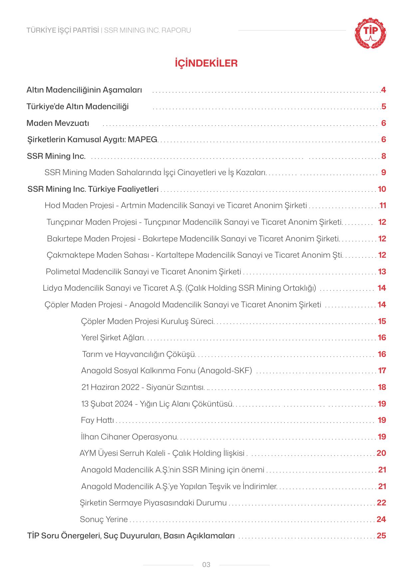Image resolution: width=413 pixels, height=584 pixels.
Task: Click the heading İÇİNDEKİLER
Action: (206, 63)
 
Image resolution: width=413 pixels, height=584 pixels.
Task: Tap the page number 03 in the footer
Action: (206, 565)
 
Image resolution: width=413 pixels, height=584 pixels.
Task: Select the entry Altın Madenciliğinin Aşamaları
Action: (84, 90)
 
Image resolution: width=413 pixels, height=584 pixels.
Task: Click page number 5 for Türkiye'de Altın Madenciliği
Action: (383, 107)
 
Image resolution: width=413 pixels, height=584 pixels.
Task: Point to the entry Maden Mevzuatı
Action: (58, 123)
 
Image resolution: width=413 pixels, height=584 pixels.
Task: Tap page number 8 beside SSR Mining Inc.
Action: (383, 156)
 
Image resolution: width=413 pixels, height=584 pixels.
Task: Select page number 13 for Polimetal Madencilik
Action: (382, 272)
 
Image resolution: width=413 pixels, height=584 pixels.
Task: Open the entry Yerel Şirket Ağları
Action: (112, 338)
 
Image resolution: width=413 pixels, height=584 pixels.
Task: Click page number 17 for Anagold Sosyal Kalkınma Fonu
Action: (382, 371)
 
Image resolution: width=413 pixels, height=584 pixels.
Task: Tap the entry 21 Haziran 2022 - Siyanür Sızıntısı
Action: (143, 387)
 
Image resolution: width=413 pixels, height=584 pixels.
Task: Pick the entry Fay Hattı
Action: (97, 420)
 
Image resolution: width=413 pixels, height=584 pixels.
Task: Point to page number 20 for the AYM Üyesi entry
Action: (381, 453)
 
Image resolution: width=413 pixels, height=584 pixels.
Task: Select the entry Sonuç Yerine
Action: (103, 519)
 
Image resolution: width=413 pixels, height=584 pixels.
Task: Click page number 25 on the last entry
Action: (381, 536)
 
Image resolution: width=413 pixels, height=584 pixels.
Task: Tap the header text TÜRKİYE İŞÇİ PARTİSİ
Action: (63, 30)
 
